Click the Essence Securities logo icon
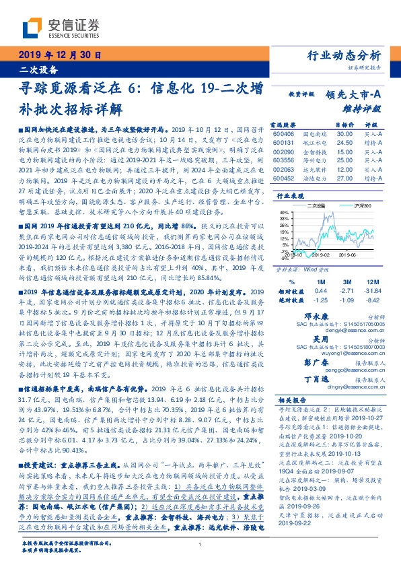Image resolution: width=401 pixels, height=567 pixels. point(33,26)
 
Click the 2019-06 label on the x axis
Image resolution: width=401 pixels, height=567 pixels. point(347,267)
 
